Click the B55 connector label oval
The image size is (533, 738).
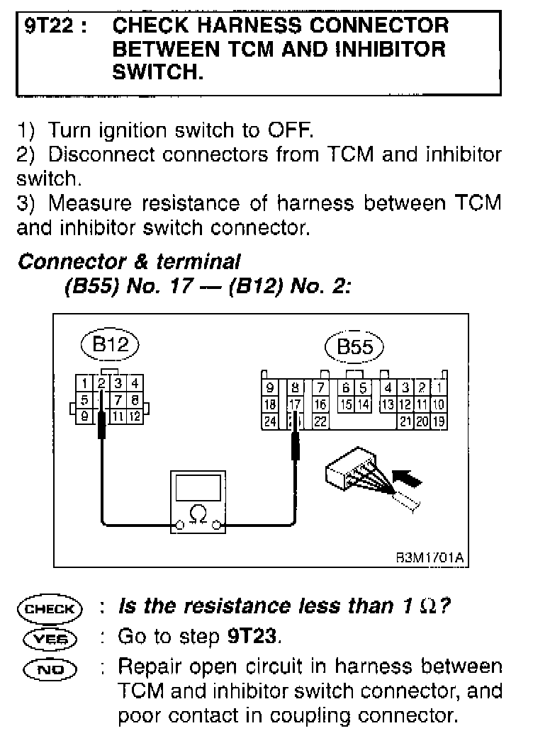354,348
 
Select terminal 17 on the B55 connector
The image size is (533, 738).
295,405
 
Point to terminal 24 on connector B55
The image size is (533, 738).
269,421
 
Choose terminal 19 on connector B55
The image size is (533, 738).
439,421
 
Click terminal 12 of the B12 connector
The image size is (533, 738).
135,416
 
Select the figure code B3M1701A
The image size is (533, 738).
429,557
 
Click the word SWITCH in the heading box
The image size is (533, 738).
157,73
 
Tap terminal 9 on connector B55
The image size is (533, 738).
269,388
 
